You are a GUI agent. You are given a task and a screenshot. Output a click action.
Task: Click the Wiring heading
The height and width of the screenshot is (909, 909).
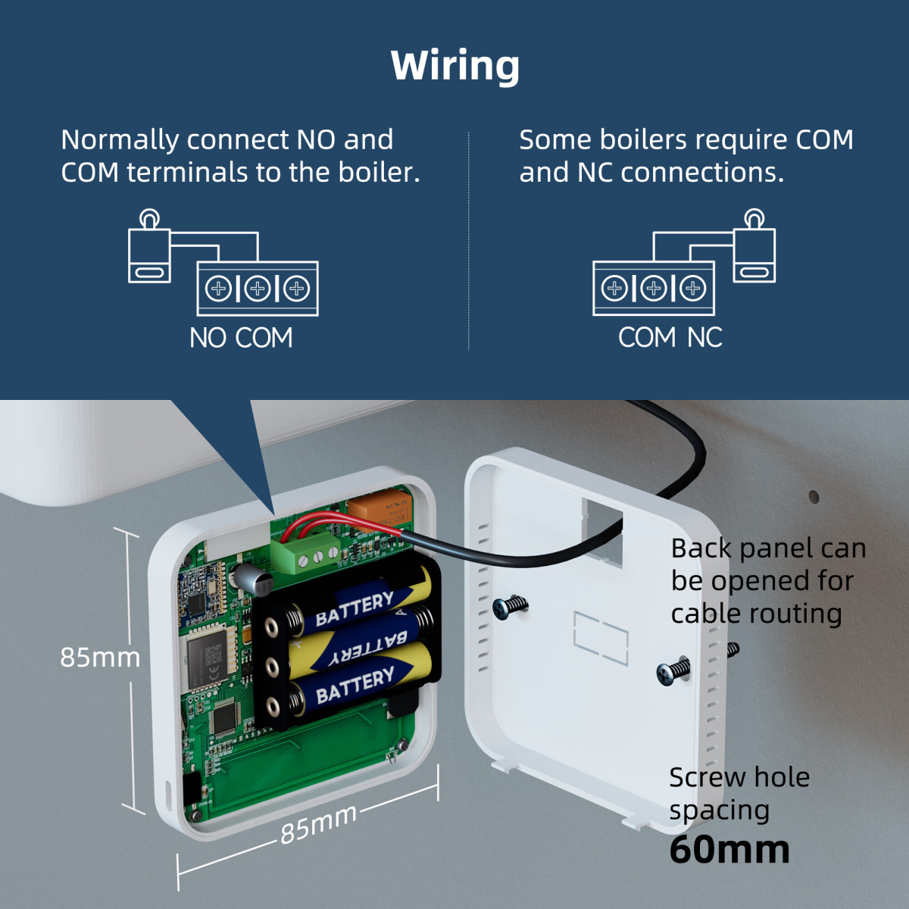click(454, 66)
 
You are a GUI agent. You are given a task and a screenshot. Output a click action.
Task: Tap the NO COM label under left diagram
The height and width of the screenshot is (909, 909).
click(241, 338)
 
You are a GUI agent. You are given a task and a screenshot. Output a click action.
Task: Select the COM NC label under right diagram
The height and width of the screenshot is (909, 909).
click(670, 338)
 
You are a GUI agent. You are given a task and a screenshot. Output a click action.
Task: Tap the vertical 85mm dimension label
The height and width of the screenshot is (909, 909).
click(100, 658)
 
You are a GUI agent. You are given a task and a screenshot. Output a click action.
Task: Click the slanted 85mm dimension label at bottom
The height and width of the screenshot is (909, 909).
click(318, 823)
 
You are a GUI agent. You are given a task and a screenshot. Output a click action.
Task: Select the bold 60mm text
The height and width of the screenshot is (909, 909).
click(729, 849)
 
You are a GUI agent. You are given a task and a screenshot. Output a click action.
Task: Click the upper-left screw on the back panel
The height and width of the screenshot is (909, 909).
click(510, 606)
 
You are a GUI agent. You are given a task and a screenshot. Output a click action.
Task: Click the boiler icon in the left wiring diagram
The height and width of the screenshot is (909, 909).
click(149, 250)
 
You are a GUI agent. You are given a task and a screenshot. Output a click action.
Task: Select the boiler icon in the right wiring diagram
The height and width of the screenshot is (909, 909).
click(754, 250)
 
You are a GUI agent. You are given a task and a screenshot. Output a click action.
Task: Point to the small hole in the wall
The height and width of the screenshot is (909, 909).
click(814, 497)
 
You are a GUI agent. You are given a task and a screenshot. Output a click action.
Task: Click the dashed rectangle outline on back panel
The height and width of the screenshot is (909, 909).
click(600, 638)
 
